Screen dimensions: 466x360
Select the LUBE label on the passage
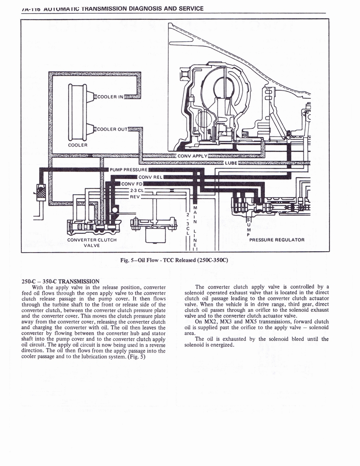coord(231,162)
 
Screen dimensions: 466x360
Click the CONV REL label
coord(150,177)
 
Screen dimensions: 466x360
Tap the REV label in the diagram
coord(135,197)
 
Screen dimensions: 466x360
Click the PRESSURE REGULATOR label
coord(277,239)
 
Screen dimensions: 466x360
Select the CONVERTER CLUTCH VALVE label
coord(92,242)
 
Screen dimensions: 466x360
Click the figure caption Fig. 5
coord(174,260)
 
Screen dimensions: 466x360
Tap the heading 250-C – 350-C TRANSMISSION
coord(60,281)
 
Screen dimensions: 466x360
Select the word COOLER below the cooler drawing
coord(77,145)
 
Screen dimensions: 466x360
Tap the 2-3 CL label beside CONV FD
coord(137,190)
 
